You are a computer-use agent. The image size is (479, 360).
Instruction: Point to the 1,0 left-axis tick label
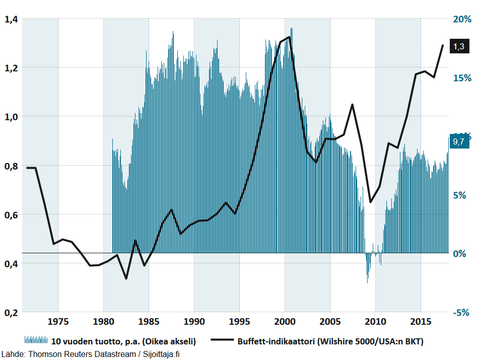(x=11, y=117)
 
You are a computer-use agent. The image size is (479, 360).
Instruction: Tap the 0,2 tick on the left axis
(x=11, y=312)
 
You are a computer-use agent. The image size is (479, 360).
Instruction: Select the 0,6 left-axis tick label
(x=11, y=215)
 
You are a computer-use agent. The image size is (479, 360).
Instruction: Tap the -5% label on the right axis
(x=462, y=312)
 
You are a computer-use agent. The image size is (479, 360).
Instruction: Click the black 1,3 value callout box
(x=459, y=46)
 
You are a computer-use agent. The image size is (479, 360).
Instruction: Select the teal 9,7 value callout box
(x=459, y=141)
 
